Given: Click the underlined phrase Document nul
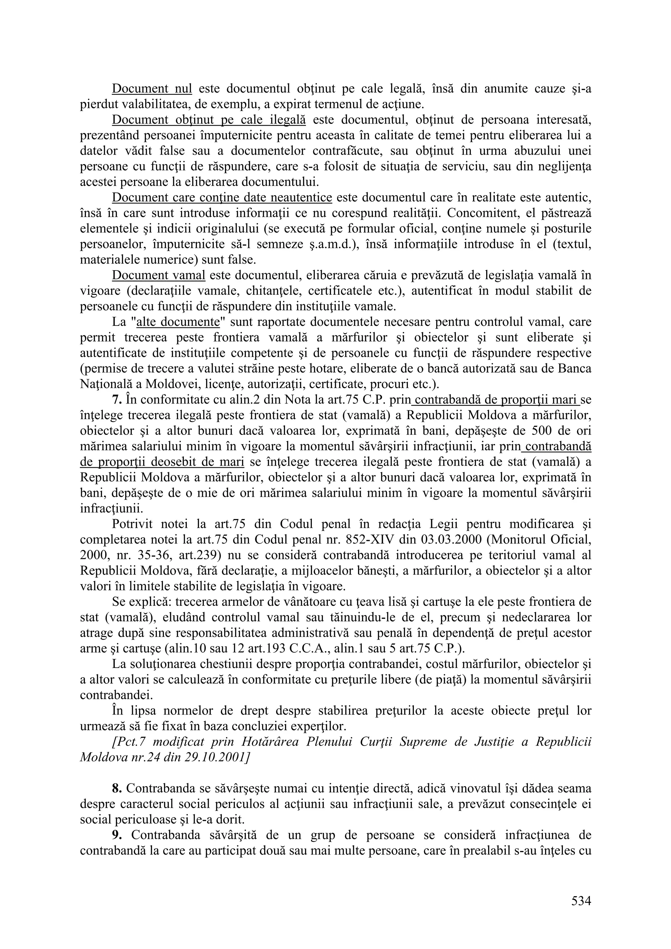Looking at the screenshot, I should pos(152,88).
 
